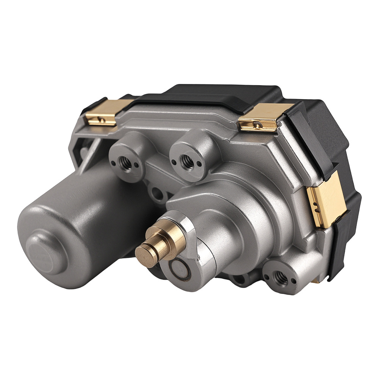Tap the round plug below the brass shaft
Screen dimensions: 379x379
[178, 270]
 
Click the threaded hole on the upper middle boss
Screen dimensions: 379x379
[186, 161]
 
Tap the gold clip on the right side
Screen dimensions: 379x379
[326, 201]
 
